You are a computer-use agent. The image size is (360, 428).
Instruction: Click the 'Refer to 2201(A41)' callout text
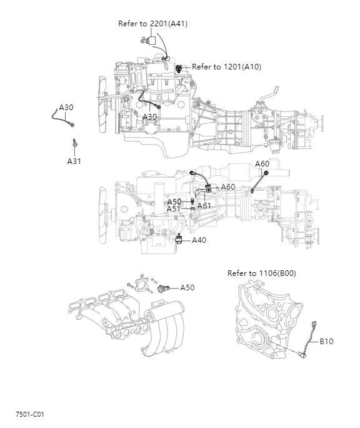click(x=152, y=24)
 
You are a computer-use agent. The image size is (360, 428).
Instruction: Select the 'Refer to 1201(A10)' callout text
click(x=226, y=67)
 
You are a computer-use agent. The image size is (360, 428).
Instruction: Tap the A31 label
click(x=74, y=161)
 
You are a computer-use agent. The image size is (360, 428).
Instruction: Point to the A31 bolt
click(x=74, y=143)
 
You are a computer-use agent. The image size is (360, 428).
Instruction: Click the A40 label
click(x=199, y=240)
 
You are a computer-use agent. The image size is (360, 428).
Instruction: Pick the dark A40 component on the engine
click(x=179, y=239)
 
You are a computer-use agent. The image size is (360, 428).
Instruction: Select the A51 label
click(x=174, y=209)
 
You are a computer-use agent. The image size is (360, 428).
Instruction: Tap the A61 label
click(x=204, y=205)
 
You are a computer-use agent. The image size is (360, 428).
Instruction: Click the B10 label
click(x=326, y=342)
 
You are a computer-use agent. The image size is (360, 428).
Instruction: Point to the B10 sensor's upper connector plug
click(x=315, y=324)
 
